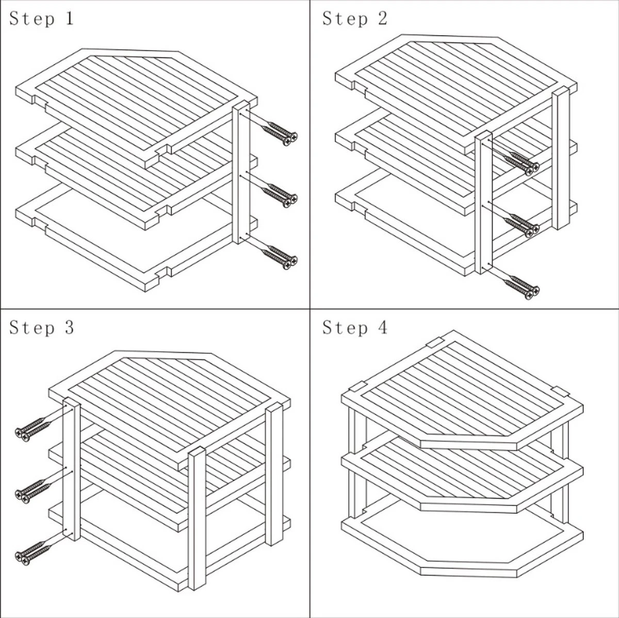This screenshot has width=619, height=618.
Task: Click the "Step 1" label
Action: pos(42,19)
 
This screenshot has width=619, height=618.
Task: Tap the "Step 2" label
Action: pos(355,19)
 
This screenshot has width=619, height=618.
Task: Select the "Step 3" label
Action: pos(42,328)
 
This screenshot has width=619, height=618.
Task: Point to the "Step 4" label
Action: pos(355,328)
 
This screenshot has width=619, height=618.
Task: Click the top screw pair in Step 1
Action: pos(280,134)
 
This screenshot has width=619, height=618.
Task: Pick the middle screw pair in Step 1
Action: pos(280,196)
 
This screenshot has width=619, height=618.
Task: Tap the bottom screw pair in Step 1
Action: pos(280,257)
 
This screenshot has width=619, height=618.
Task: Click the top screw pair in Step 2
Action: pos(522,164)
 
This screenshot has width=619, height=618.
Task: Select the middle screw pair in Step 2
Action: pos(522,225)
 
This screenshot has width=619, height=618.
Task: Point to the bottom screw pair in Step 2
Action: pos(522,288)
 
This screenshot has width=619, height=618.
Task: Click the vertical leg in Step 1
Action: pos(241,173)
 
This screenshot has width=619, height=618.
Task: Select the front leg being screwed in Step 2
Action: pos(483,202)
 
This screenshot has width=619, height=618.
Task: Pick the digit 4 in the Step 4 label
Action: pos(383,328)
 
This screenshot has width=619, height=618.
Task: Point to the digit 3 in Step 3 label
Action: pos(69,328)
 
